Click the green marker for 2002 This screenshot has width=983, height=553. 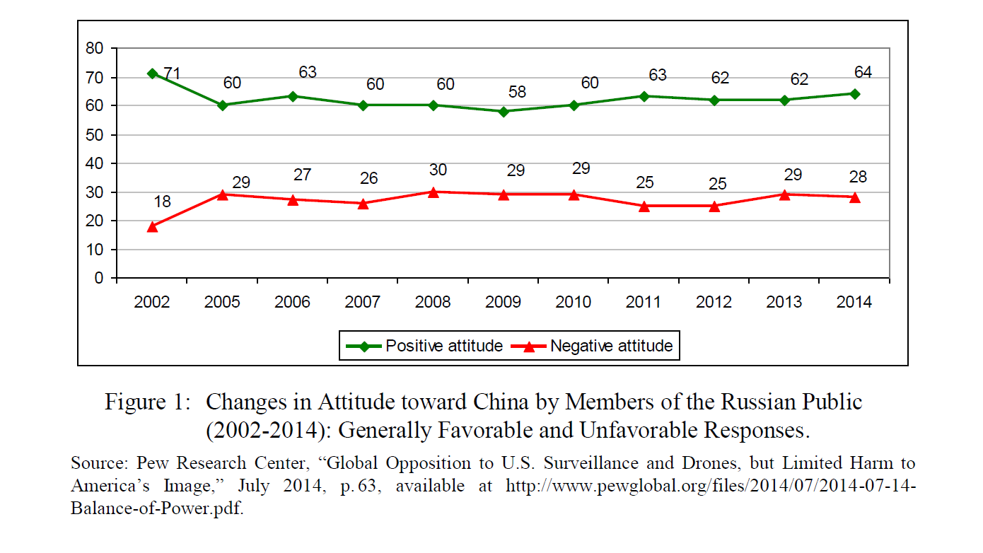152,74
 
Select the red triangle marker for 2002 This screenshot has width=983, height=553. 152,226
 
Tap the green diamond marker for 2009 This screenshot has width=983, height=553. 503,111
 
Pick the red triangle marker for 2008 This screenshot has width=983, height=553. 433,192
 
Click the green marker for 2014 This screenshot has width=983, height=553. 854,93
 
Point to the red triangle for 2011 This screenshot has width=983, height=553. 644,206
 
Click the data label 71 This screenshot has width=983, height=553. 173,74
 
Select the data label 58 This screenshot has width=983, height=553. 517,92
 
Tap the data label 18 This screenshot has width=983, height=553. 162,202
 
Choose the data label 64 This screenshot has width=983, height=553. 863,72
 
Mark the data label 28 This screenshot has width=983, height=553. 858,177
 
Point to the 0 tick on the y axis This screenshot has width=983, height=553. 99,279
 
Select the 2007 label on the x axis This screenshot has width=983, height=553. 362,303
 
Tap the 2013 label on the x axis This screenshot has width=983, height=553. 784,303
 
